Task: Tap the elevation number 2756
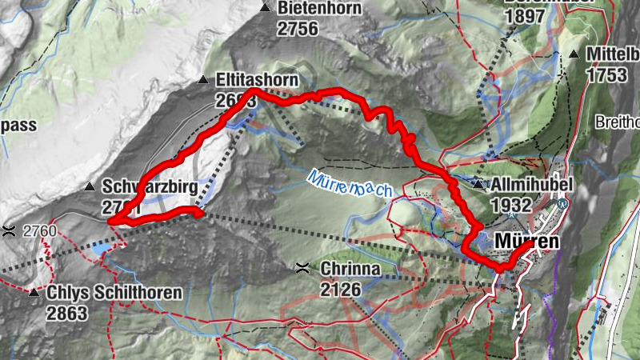coord(298,28)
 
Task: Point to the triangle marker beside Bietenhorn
coord(266,9)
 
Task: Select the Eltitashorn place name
coord(257,81)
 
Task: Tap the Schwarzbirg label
coord(150,186)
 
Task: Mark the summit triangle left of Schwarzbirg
coord(90,186)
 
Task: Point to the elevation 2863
coord(66,313)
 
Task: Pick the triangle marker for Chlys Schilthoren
coord(34,293)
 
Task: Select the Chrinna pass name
coord(350,268)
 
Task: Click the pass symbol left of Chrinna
coord(302,267)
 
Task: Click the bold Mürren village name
coord(526,240)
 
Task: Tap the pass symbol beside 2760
coord(9,231)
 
